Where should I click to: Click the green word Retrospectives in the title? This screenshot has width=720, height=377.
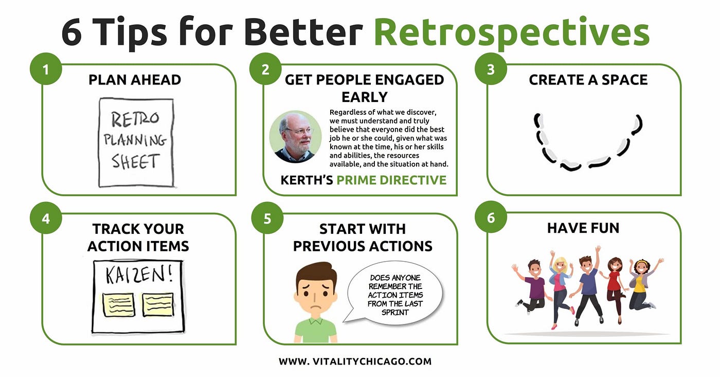tap(512, 33)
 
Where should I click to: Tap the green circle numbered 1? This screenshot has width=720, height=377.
tap(46, 69)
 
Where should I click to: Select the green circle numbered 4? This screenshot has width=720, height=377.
tap(46, 218)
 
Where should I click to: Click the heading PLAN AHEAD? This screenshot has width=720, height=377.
tap(135, 80)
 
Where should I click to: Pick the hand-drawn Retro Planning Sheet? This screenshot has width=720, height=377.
tap(136, 142)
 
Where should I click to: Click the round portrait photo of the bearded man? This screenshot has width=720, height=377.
tap(295, 137)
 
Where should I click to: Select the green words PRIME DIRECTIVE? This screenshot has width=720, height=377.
tap(391, 180)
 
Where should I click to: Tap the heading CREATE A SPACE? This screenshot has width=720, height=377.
tap(588, 80)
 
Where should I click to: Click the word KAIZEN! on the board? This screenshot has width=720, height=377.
tap(139, 275)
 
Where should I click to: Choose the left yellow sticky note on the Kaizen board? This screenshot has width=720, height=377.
tap(118, 304)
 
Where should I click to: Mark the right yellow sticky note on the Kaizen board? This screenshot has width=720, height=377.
tap(158, 304)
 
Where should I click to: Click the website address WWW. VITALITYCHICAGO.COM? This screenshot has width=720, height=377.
tap(355, 361)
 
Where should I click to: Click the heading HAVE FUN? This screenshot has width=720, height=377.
tap(583, 228)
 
